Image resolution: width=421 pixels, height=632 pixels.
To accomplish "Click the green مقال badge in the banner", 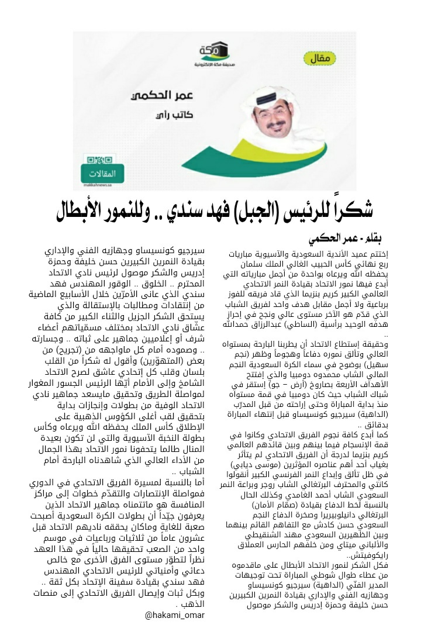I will coord(326,58).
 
